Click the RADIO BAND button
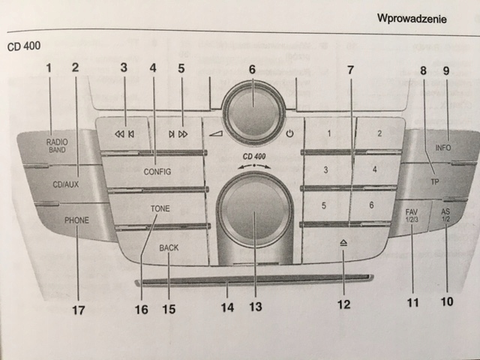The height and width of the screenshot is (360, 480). [x=56, y=145]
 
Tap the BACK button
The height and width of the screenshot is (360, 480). [x=169, y=247]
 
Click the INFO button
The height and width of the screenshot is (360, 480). [x=443, y=148]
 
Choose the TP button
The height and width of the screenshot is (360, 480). [x=434, y=181]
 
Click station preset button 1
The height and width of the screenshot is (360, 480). [x=328, y=135]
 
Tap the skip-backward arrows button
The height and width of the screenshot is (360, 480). [x=124, y=134]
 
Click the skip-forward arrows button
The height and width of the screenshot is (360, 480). [x=178, y=134]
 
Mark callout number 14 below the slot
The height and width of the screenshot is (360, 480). [x=226, y=307]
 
